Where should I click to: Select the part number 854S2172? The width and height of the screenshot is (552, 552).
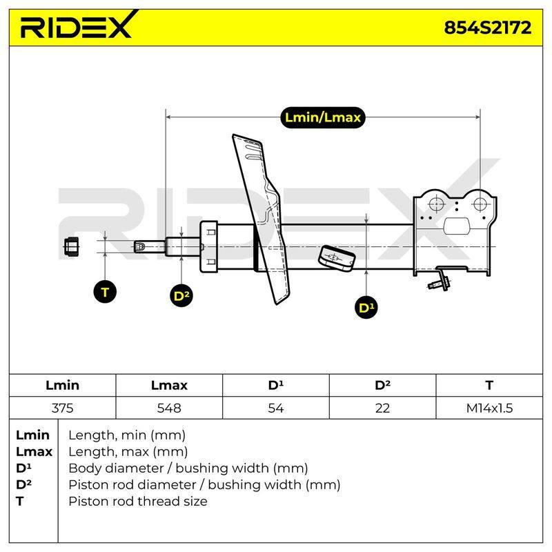pyautogui.click(x=487, y=28)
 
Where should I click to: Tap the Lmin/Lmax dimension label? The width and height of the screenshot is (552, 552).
pyautogui.click(x=322, y=117)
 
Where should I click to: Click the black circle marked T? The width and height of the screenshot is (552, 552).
pyautogui.click(x=105, y=292)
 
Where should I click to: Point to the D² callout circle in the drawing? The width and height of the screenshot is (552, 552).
pyautogui.click(x=181, y=295)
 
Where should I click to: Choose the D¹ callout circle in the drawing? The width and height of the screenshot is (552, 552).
pyautogui.click(x=366, y=308)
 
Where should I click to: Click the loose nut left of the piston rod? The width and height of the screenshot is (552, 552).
pyautogui.click(x=72, y=246)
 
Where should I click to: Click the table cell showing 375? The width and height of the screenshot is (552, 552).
pyautogui.click(x=62, y=408)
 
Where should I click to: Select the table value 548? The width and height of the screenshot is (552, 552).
pyautogui.click(x=169, y=408)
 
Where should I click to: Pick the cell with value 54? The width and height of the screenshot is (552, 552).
pyautogui.click(x=275, y=408)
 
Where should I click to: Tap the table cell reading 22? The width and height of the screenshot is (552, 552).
pyautogui.click(x=382, y=408)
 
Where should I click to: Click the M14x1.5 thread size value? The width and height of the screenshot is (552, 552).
pyautogui.click(x=489, y=408)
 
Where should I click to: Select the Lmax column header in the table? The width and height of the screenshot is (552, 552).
pyautogui.click(x=169, y=385)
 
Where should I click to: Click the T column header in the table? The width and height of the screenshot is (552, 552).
pyautogui.click(x=489, y=385)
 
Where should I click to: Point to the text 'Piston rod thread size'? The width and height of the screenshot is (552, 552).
pyautogui.click(x=138, y=501)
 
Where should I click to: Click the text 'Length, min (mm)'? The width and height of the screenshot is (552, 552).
pyautogui.click(x=127, y=435)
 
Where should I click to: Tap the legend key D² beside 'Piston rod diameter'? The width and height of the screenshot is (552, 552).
pyautogui.click(x=24, y=484)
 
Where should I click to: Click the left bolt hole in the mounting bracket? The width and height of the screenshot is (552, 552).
pyautogui.click(x=436, y=204)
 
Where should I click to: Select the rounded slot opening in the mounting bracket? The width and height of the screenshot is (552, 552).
pyautogui.click(x=457, y=226)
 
